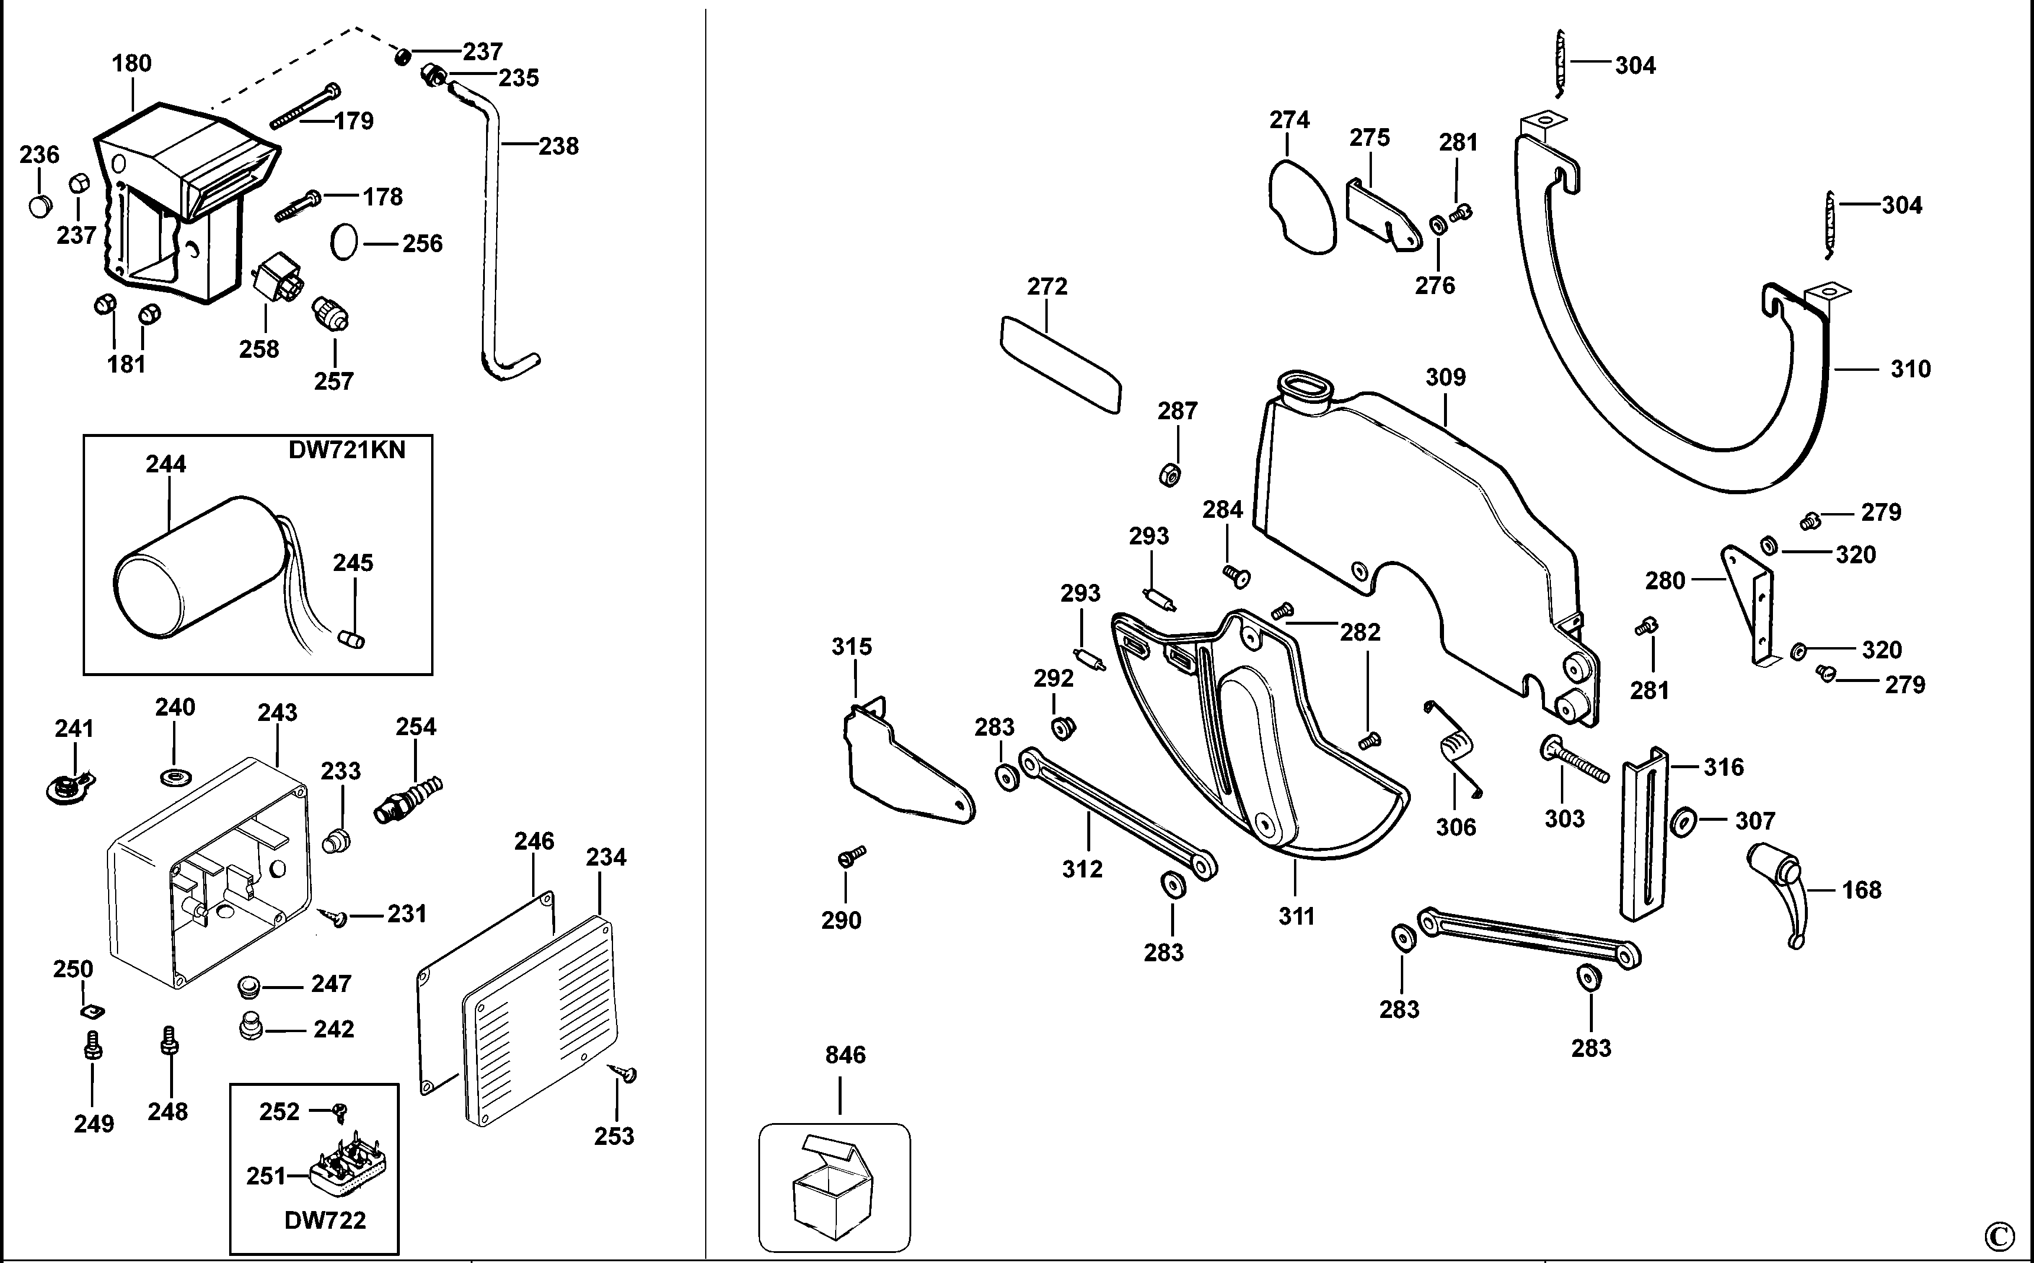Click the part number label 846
(845, 1055)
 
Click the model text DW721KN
(347, 451)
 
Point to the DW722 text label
(325, 1220)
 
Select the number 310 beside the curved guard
(1911, 369)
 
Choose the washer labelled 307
(1683, 822)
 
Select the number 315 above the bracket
(851, 647)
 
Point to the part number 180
(132, 64)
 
